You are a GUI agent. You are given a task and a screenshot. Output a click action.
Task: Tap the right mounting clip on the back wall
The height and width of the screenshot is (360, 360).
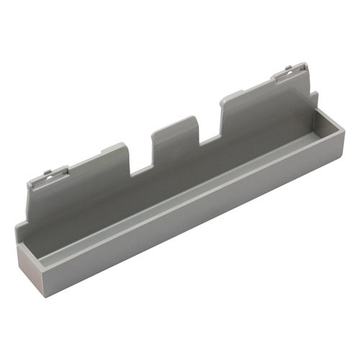pyautogui.click(x=286, y=73)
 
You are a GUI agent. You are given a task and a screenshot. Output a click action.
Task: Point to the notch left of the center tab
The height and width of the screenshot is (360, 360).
pyautogui.click(x=140, y=163)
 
